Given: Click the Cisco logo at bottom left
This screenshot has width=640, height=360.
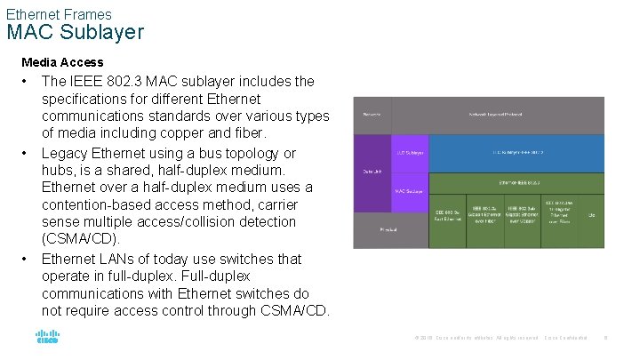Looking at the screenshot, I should (x=46, y=338).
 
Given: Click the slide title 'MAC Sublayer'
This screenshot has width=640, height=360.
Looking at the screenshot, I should (x=75, y=33).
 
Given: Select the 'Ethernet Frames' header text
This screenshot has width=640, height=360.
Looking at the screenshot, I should (x=59, y=14).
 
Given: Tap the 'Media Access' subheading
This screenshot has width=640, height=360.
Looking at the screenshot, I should (x=62, y=62).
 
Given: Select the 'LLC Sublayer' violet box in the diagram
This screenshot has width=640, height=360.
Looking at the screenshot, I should (x=410, y=153).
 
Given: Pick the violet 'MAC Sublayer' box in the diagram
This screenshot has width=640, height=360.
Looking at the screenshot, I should (x=410, y=190).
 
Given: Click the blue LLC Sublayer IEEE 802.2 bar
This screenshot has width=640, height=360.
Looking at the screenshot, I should (x=517, y=153).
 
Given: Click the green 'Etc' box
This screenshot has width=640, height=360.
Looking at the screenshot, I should (x=592, y=214).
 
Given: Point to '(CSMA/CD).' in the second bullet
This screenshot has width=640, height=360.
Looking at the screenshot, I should (x=81, y=240).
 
